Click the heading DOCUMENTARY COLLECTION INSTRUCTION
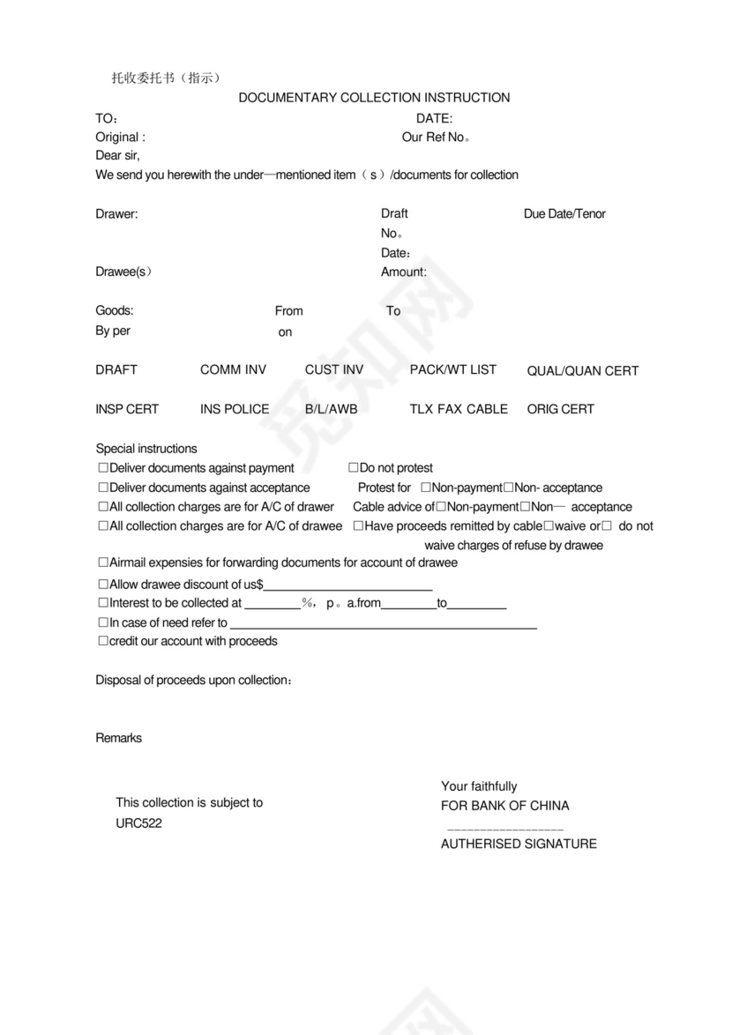[374, 98]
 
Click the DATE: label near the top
[434, 118]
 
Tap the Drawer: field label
[116, 214]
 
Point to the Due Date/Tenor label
[564, 214]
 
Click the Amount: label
[403, 272]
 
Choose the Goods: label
[115, 311]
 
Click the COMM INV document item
[233, 370]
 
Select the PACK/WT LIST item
[452, 370]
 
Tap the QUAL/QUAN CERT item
[582, 371]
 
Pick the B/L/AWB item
[331, 409]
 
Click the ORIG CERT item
[560, 409]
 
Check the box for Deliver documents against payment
[102, 468]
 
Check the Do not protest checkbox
[353, 468]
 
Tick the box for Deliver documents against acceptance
[102, 488]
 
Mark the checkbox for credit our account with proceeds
[102, 642]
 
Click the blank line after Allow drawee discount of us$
[347, 585]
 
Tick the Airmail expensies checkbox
[102, 562]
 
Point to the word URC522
[138, 824]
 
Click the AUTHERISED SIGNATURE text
[519, 845]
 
